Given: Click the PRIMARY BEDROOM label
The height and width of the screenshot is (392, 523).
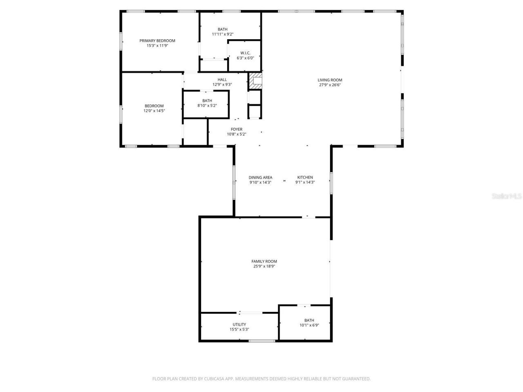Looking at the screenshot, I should tap(157, 40).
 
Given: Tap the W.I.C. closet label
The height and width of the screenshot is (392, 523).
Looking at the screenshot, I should tap(245, 53).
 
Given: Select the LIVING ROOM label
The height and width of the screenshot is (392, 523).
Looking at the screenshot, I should tap(330, 80).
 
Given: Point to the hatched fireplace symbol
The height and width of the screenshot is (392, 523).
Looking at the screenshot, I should tap(256, 81).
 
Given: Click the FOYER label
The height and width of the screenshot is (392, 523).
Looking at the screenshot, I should tap(237, 129).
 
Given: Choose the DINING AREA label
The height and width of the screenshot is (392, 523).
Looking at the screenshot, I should tap(260, 178).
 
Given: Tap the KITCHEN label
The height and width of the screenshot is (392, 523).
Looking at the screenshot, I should tap(305, 178).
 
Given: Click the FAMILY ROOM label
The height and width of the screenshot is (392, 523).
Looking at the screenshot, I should tap(264, 261).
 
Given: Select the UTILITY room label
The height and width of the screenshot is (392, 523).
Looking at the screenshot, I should tap(239, 325).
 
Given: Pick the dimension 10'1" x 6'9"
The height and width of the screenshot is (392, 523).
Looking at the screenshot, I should tap(309, 325).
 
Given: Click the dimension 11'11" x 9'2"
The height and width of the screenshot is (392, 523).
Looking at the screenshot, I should tap(223, 34).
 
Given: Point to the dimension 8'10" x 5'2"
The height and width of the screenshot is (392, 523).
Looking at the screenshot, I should tap(207, 105).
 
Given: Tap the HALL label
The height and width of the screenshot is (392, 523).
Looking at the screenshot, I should tap(222, 80).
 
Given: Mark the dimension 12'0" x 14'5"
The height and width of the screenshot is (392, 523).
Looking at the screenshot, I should tap(154, 111).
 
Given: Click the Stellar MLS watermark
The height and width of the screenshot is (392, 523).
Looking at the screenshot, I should tap(507, 196).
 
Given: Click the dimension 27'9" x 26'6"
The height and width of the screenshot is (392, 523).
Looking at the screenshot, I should tap(330, 85).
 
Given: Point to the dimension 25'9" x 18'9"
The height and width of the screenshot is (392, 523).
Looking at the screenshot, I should tap(264, 266).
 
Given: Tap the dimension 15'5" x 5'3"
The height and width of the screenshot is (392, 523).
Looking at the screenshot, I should tap(239, 330).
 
